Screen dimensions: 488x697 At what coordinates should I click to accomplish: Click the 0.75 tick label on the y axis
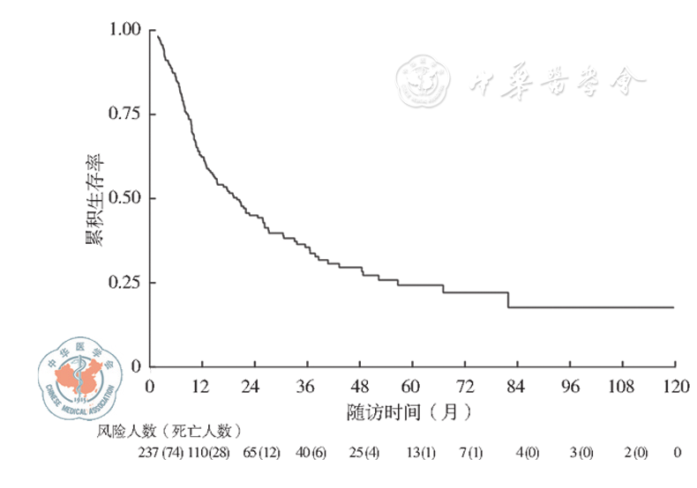[x=124, y=114]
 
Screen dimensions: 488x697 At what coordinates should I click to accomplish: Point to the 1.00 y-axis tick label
[x=124, y=30]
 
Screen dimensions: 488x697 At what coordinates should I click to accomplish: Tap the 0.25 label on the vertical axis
[x=124, y=283]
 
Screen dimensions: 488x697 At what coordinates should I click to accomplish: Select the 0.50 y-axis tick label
[x=124, y=198]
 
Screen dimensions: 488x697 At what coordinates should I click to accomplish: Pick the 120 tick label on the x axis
[x=675, y=388]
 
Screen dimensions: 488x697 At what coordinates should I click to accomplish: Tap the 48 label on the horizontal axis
[x=360, y=388]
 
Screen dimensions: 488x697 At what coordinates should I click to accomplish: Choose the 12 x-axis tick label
[x=202, y=388]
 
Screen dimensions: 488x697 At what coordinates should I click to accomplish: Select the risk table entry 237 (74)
[x=160, y=453]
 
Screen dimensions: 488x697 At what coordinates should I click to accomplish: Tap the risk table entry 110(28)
[x=208, y=453]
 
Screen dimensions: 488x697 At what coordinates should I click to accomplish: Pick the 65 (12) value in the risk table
[x=262, y=453]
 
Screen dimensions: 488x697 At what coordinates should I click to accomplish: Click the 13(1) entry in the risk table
[x=422, y=453]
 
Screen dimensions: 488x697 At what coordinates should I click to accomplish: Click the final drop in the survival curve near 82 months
[x=508, y=299]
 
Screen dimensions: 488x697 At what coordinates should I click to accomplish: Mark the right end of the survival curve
[x=674, y=307]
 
